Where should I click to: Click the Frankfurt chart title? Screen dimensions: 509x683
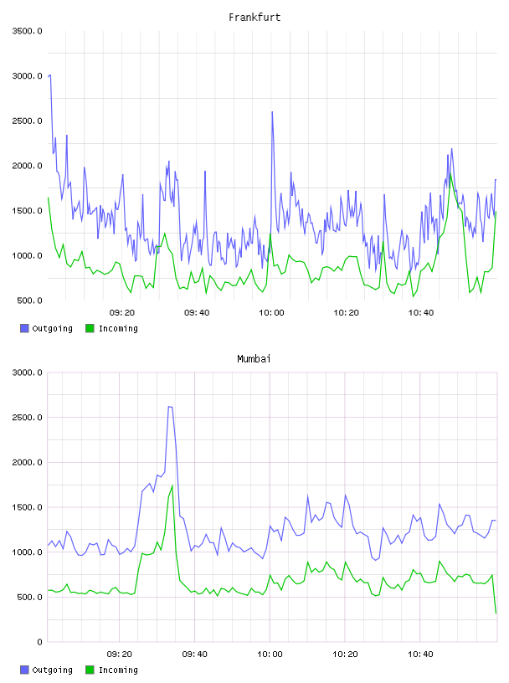pyautogui.click(x=254, y=18)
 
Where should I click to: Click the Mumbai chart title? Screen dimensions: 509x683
pyautogui.click(x=254, y=359)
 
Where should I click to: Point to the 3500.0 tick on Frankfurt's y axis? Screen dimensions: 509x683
pyautogui.click(x=27, y=31)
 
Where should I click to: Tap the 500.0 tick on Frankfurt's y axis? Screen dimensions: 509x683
pyautogui.click(x=29, y=300)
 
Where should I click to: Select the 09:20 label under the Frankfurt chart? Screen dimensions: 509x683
pyautogui.click(x=122, y=313)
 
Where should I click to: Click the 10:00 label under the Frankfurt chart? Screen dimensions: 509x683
pyautogui.click(x=271, y=313)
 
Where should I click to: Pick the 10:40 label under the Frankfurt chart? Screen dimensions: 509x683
pyautogui.click(x=421, y=313)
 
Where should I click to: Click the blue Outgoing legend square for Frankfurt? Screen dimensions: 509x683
pyautogui.click(x=24, y=328)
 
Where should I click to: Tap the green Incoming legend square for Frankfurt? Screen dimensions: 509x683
pyautogui.click(x=90, y=328)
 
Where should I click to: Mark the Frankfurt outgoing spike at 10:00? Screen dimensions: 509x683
pyautogui.click(x=272, y=112)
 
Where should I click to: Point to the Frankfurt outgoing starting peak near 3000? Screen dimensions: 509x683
pyautogui.click(x=49, y=76)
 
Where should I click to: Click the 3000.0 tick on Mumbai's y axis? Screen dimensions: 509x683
pyautogui.click(x=27, y=372)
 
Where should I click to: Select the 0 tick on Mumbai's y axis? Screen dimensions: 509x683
pyautogui.click(x=39, y=642)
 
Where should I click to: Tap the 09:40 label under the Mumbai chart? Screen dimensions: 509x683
pyautogui.click(x=195, y=655)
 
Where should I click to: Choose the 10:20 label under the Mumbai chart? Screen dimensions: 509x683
pyautogui.click(x=345, y=655)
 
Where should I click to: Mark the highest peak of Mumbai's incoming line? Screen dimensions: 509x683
pyautogui.click(x=172, y=485)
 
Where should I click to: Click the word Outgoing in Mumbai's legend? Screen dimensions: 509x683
pyautogui.click(x=52, y=670)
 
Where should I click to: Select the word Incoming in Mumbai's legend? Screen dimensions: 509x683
pyautogui.click(x=118, y=670)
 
